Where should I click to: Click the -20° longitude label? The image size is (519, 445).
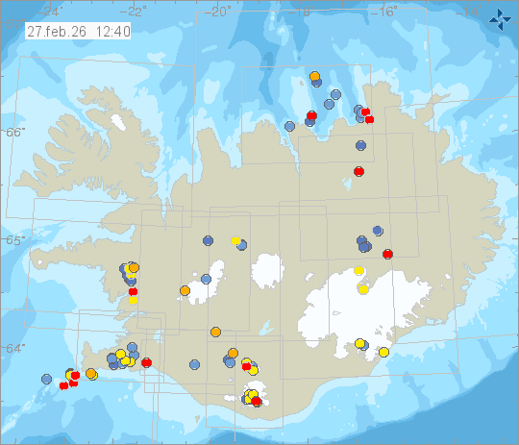click(x=219, y=11)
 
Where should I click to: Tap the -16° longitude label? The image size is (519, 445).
click(x=386, y=11)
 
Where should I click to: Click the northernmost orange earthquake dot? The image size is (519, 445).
click(x=315, y=75)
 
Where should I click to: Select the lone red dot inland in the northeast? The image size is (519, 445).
click(x=358, y=171)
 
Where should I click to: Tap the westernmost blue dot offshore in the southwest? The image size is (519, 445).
click(x=45, y=379)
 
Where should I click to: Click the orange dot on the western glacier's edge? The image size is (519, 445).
click(x=185, y=290)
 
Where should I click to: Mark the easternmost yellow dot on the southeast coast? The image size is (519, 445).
click(x=384, y=352)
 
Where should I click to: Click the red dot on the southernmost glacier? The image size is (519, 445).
click(x=257, y=402)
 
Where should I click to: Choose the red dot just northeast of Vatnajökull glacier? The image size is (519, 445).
click(x=387, y=254)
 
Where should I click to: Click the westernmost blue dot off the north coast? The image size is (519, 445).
click(x=290, y=126)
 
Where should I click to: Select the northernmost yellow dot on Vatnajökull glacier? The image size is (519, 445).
click(x=359, y=271)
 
